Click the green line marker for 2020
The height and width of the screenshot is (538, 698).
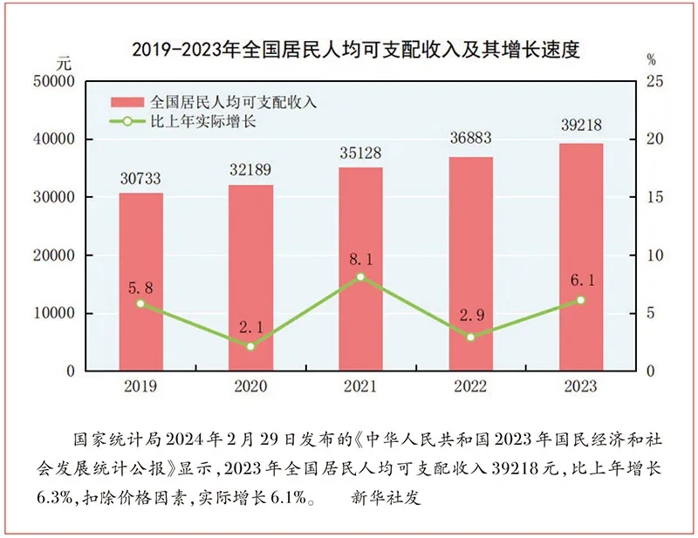click(251, 346)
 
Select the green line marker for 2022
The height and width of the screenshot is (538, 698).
click(471, 337)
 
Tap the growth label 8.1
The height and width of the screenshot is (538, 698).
click(361, 259)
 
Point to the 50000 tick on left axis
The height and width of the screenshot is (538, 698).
click(54, 82)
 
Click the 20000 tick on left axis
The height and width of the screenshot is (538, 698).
click(54, 255)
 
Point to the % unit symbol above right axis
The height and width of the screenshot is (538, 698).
click(650, 60)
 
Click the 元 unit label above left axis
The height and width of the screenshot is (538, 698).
click(63, 63)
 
